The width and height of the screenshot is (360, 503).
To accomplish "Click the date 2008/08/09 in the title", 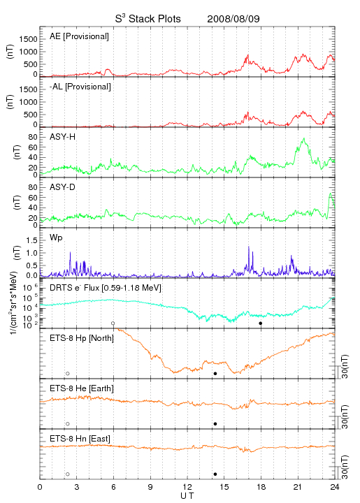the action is click(x=233, y=19).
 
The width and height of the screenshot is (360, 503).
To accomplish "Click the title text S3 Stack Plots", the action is click(x=148, y=18).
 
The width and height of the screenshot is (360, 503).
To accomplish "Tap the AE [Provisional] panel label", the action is click(x=79, y=36).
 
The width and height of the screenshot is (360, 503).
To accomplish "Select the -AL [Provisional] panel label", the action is click(x=80, y=87).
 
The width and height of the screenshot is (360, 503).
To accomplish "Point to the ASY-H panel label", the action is click(x=63, y=137).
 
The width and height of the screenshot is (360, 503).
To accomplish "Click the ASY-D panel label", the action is click(x=63, y=187).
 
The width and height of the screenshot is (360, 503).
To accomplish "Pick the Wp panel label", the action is click(x=56, y=238).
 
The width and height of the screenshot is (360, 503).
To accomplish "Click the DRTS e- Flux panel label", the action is click(x=106, y=288).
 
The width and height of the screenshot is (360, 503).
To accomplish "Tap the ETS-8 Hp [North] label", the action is click(x=82, y=338).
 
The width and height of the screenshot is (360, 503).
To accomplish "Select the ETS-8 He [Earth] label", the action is click(x=82, y=388).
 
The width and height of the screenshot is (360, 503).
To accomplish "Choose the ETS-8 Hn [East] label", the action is click(x=80, y=439).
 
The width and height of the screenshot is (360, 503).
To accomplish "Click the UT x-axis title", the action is click(x=187, y=496).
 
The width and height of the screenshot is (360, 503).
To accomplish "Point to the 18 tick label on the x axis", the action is click(x=261, y=487).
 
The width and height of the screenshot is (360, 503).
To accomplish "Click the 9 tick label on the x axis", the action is click(x=150, y=487).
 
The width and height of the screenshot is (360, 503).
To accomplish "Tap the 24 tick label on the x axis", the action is click(x=335, y=487).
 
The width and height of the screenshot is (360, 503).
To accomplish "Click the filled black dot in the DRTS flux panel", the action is click(x=261, y=323).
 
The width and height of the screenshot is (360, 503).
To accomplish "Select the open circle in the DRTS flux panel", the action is click(x=113, y=323).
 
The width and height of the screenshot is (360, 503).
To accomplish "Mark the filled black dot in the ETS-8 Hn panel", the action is click(x=215, y=474).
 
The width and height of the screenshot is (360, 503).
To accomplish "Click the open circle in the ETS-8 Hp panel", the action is click(x=68, y=374).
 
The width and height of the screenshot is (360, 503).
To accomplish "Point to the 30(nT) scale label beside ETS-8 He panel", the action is click(x=345, y=416).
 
